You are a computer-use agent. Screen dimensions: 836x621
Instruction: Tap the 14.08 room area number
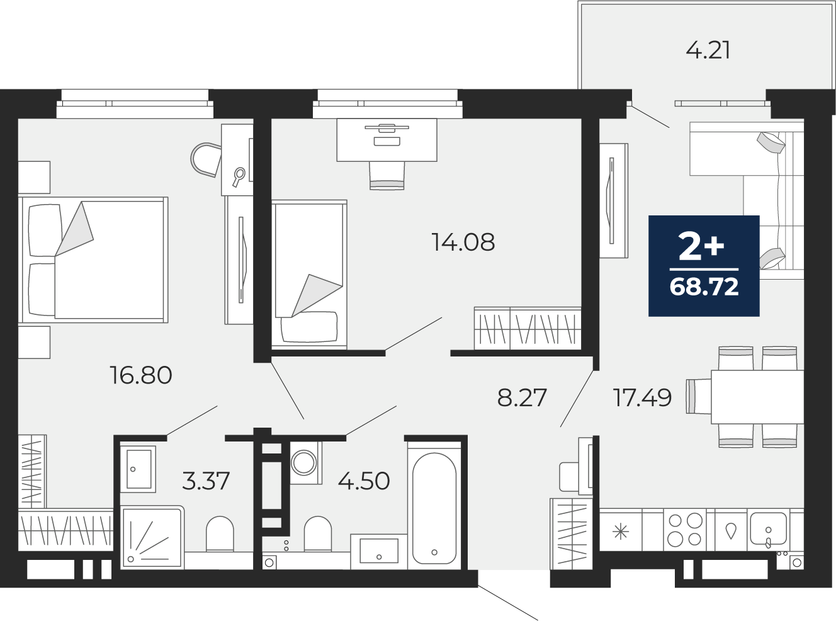click(x=463, y=242)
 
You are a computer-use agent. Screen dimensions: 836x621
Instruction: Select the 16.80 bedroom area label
click(x=141, y=375)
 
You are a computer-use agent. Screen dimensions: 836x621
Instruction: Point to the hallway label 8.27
click(x=522, y=397)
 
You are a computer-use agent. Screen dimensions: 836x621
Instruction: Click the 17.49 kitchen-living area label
click(x=643, y=397)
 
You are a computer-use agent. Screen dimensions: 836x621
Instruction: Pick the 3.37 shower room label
click(x=206, y=481)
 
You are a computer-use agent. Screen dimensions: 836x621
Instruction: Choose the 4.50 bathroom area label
click(x=364, y=481)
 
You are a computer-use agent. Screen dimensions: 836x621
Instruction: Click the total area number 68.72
click(x=704, y=287)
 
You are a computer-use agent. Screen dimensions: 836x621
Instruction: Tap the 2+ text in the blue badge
click(x=701, y=246)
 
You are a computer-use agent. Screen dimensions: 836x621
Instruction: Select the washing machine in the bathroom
click(x=304, y=463)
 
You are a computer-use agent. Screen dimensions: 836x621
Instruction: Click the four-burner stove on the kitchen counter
click(x=684, y=530)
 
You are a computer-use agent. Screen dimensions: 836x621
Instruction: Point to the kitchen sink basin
click(x=768, y=528)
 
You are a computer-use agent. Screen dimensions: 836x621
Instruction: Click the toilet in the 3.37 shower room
click(x=220, y=534)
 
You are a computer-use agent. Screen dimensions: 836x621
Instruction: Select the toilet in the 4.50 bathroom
click(x=318, y=534)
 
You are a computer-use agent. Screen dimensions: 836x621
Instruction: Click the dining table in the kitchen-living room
click(x=757, y=397)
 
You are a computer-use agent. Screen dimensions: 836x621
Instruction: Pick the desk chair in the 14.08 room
click(x=387, y=175)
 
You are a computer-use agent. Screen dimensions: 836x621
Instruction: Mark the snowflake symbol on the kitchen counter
click(x=621, y=532)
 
